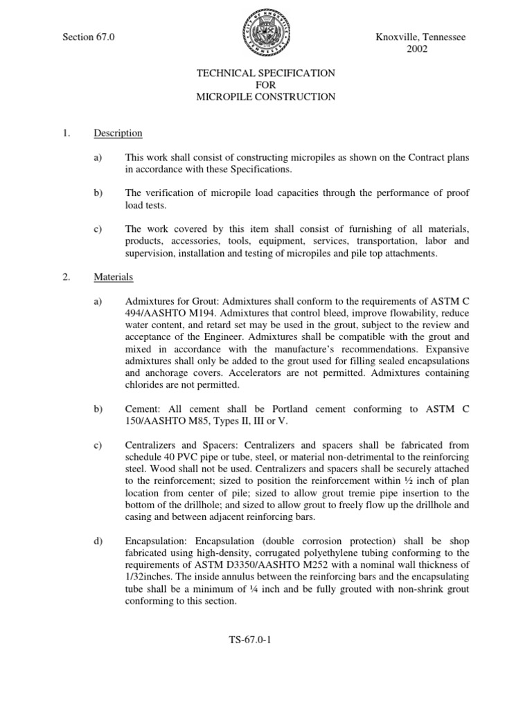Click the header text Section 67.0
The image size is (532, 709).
coord(89,37)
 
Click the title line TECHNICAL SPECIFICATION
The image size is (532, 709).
coord(266,73)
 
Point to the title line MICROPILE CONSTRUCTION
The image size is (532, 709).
coord(266,97)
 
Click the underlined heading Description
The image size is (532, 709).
coord(118,133)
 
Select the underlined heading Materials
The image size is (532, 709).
coord(114,277)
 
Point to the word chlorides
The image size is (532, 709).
coord(145,385)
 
